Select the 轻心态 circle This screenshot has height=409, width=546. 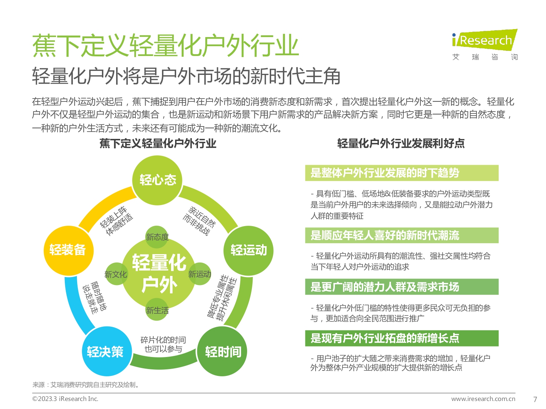157,180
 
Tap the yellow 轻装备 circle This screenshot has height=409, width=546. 68,250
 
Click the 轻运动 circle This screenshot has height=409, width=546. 248,250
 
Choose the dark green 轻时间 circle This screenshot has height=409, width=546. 222,351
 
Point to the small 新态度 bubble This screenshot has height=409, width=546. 157,237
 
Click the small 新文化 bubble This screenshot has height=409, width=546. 116,274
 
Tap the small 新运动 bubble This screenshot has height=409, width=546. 199,274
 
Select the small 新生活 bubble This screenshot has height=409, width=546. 157,310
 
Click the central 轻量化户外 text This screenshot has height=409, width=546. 159,273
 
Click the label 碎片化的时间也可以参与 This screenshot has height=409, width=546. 163,344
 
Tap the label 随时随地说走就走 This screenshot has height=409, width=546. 95,298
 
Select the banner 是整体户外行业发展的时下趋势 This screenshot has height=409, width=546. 402,173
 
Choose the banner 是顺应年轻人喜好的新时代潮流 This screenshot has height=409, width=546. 402,235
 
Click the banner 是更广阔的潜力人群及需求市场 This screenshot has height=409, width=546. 402,287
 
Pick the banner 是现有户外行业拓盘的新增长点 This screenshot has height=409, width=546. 402,338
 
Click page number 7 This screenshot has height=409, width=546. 535,399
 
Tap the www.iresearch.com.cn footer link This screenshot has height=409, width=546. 483,399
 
